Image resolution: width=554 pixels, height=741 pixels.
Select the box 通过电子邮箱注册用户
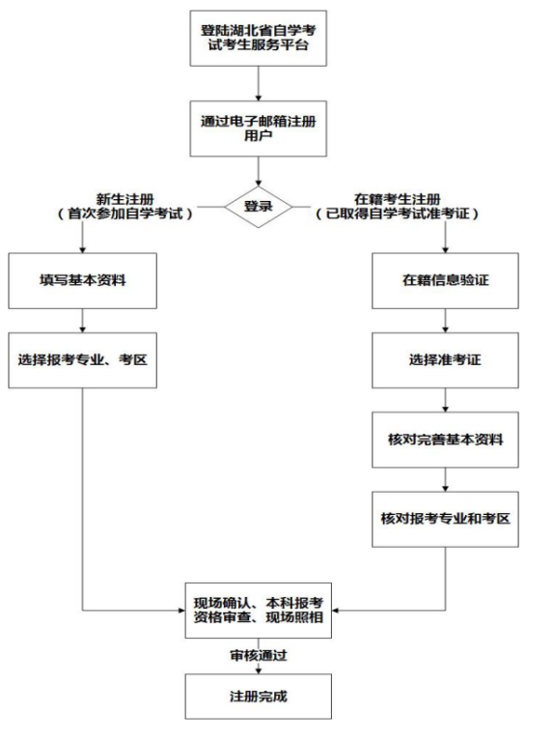pos(259,128)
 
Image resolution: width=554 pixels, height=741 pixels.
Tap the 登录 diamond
pos(259,206)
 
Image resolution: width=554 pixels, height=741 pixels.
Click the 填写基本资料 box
pos(83,280)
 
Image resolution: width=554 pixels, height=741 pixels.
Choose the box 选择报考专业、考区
pos(83,359)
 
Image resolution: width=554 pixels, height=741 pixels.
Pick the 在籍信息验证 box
pos(445,280)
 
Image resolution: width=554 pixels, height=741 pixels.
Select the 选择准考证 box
pos(445,359)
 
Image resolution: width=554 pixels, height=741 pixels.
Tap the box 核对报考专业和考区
pos(445,517)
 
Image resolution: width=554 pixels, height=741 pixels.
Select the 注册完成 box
pos(259,695)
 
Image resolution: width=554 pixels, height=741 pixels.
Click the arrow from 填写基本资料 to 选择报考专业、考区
pos(83,320)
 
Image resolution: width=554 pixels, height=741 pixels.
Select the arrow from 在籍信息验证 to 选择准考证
pos(445,320)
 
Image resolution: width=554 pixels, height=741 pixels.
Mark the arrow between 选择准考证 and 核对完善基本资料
pos(445,399)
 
